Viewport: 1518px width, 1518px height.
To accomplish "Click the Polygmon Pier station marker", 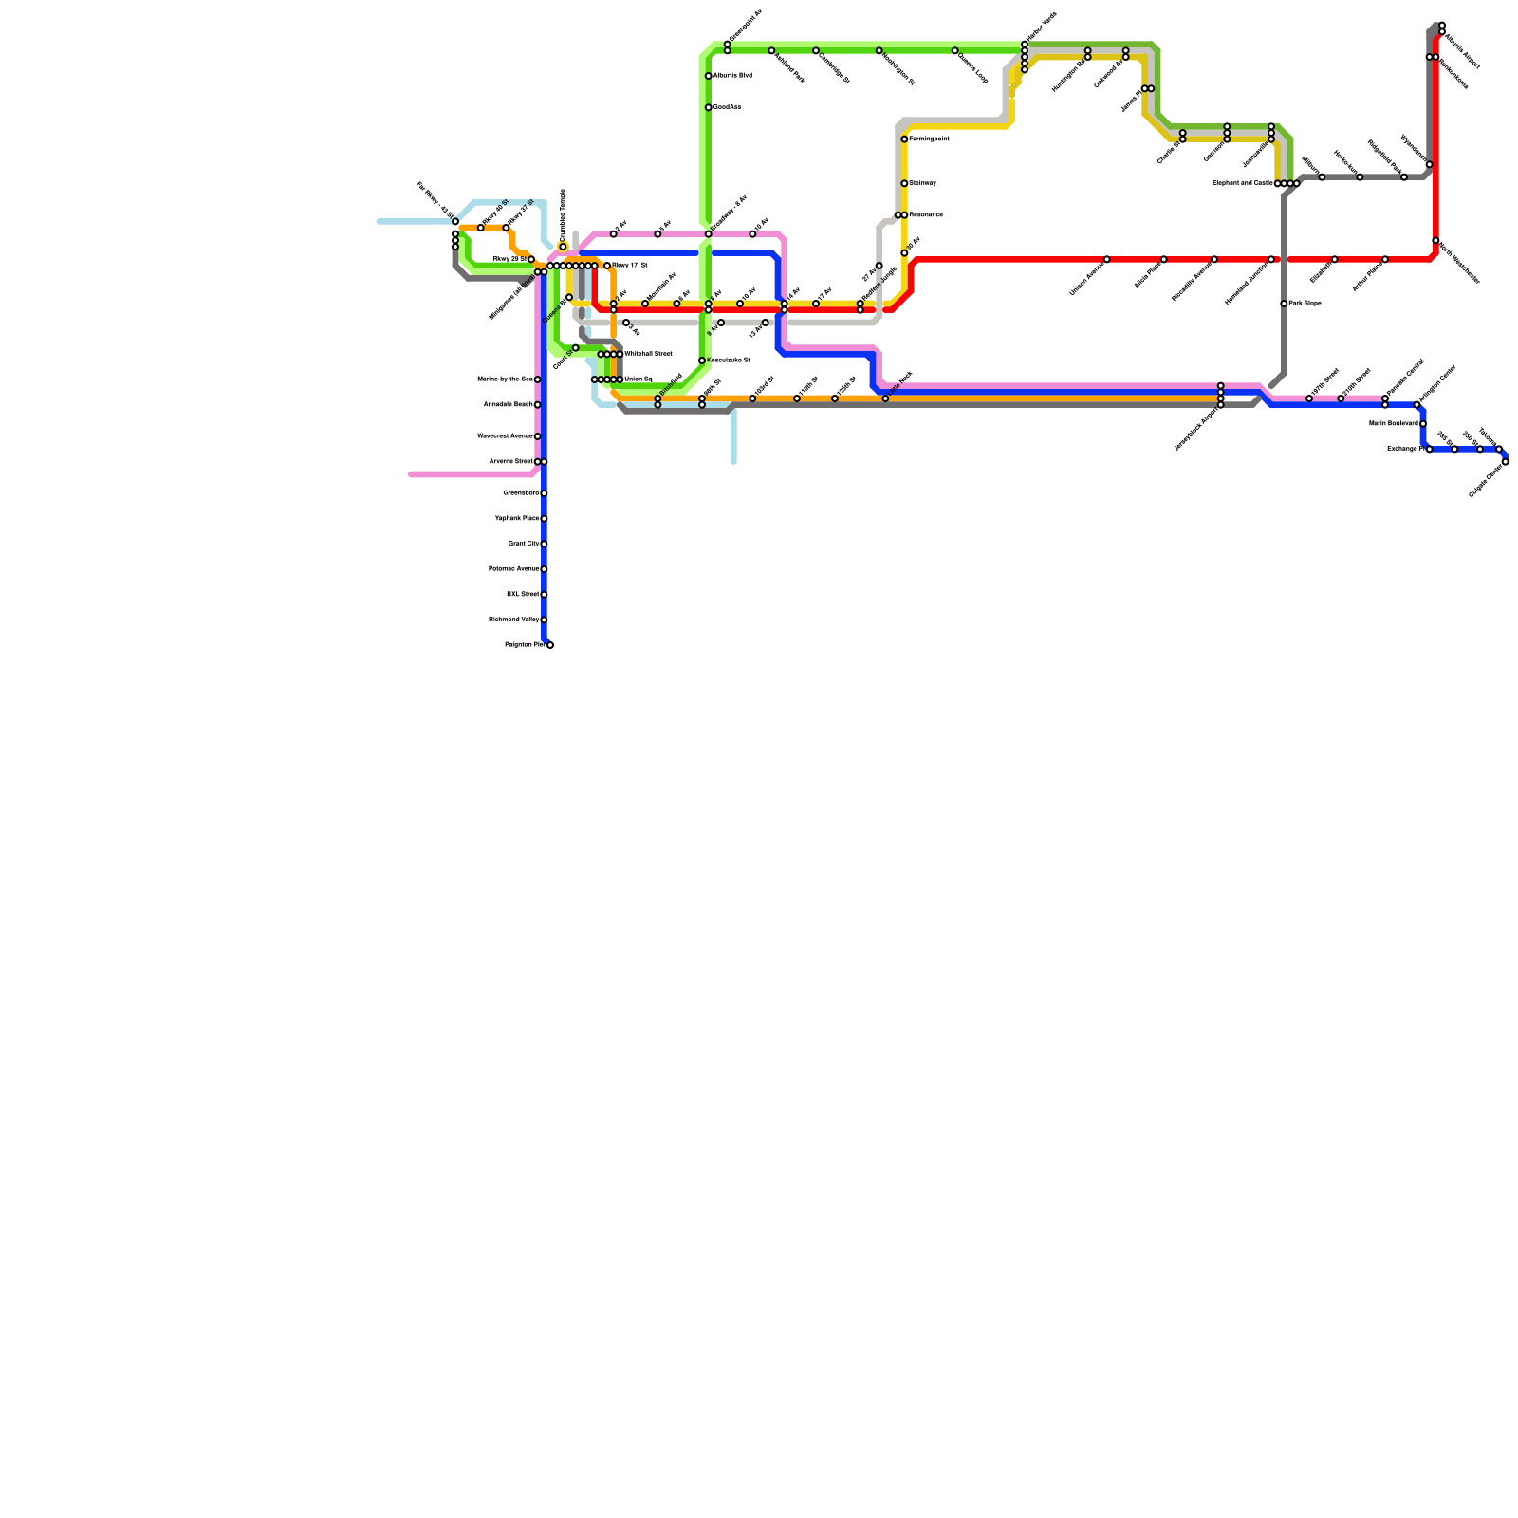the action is coord(550,645).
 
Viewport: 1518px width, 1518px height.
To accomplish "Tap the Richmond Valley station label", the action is coord(513,620).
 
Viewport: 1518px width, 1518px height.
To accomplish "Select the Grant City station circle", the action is coord(544,544).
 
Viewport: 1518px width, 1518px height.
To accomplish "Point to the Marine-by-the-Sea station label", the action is coord(505,379).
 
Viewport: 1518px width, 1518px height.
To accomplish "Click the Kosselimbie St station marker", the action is coord(702,361).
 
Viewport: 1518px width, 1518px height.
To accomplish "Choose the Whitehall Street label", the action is coord(648,354).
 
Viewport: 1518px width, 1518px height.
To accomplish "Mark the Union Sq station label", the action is coord(639,379).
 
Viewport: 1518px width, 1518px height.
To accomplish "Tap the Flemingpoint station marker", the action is coord(904,139).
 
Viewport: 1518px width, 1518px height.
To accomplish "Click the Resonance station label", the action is coord(926,215).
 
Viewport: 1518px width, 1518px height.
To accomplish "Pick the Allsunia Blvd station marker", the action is coord(709,76).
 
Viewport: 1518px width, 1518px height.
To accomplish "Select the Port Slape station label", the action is coord(1305,304).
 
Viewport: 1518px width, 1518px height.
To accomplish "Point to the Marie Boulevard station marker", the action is coord(1423,424).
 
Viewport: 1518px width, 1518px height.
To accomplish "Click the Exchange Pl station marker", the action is coord(1429,449).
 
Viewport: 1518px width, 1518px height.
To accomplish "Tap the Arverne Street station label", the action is coord(510,462).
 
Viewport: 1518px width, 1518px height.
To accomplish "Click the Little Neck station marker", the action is coord(885,398).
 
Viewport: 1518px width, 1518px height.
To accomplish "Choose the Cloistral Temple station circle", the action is coord(563,247).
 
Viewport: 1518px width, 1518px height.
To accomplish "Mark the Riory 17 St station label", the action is coord(630,266).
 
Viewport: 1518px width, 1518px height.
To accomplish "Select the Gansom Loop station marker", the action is coord(955,50).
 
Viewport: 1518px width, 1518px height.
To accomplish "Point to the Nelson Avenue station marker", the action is coord(1107,259).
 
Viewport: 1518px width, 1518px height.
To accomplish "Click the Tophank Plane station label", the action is coord(517,519).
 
